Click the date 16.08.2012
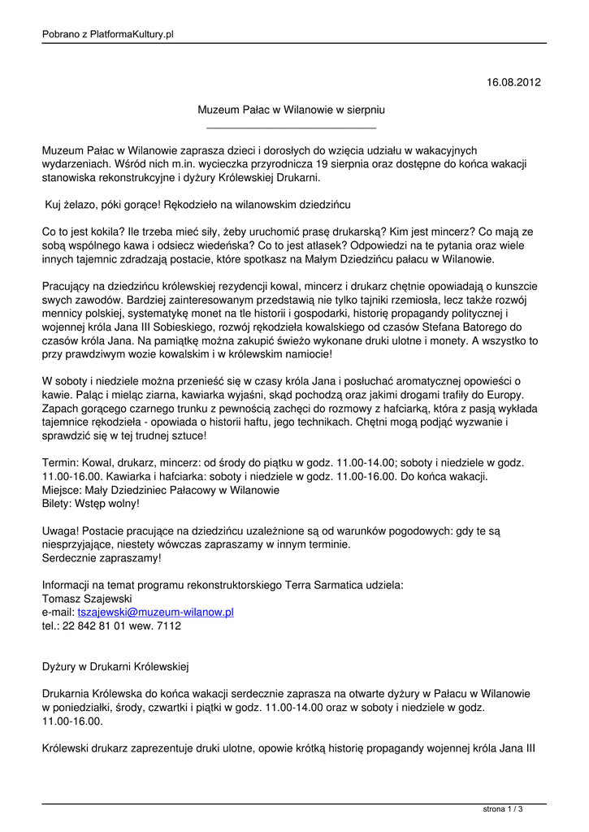(x=513, y=83)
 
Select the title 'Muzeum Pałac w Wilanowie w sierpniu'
(x=292, y=109)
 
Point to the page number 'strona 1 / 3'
(x=503, y=808)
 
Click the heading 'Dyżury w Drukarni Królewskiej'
(x=115, y=667)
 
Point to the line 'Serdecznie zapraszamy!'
(x=102, y=558)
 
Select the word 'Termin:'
(x=61, y=463)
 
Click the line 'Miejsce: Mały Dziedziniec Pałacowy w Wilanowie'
(x=161, y=491)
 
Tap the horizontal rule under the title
(x=292, y=128)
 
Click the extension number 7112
(x=167, y=626)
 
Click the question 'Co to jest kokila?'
(x=89, y=232)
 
